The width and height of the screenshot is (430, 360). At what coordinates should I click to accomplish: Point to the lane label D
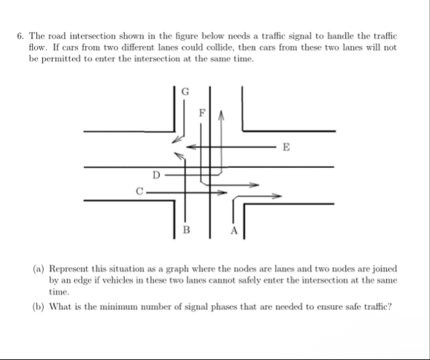click(155, 175)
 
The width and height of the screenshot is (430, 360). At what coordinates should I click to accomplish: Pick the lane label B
click(185, 229)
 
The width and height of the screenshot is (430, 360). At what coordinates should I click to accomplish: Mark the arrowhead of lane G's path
click(176, 140)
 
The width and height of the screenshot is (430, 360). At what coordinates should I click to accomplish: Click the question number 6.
click(19, 35)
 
